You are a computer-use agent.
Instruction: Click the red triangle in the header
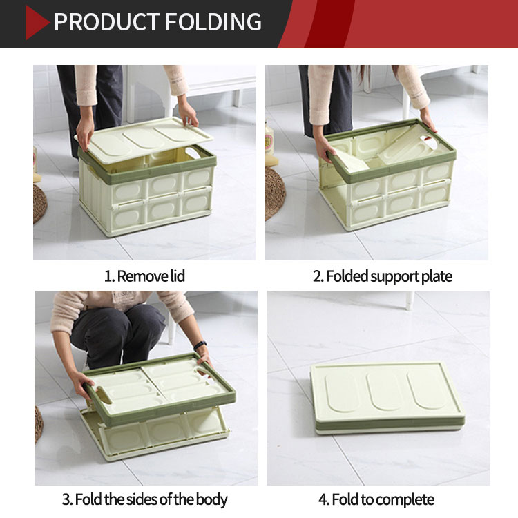point(36,23)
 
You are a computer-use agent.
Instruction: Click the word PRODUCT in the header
point(106,22)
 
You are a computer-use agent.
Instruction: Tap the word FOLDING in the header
point(213,22)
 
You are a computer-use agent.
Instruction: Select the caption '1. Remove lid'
point(144,276)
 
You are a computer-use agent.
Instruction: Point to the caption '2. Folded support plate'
point(382,276)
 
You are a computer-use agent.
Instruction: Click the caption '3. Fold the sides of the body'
point(145,499)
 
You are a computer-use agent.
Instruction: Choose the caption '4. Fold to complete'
point(376,499)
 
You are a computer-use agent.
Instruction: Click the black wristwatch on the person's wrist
point(200,345)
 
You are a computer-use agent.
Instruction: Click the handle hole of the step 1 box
point(195,153)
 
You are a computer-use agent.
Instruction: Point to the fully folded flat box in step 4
point(387,398)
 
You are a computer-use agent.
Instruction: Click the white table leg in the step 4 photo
point(410,300)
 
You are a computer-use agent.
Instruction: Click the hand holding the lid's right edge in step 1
point(188,114)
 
